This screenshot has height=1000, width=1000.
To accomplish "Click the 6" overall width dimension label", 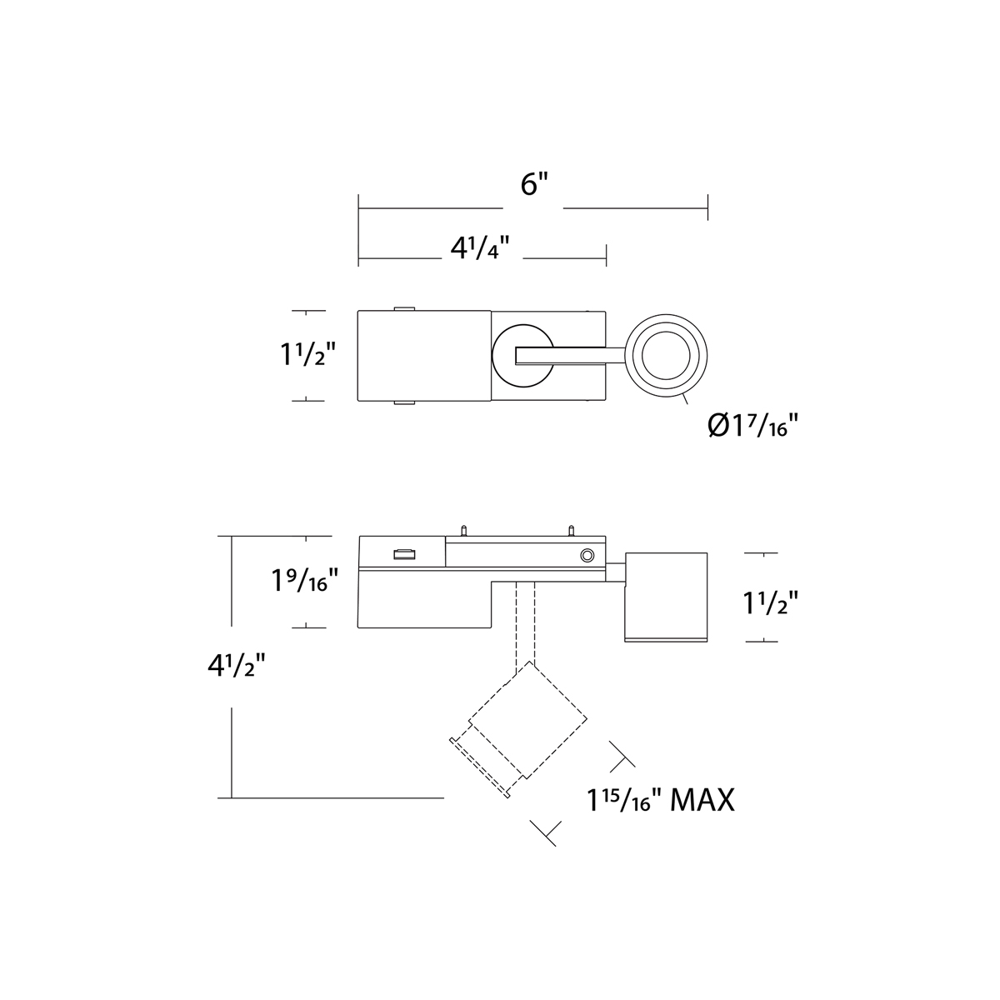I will pos(534,185).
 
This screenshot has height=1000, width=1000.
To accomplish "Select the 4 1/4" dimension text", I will pos(480,248).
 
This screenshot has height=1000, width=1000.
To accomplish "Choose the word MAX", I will pos(702,801).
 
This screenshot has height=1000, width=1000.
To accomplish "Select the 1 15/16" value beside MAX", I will pos(623,802).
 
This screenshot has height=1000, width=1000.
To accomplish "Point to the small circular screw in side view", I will pos(587,556).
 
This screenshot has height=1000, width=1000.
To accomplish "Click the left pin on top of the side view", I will pos(462,530).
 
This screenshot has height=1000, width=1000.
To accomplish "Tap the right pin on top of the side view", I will pos(572,530).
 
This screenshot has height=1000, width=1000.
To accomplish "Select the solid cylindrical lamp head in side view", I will pos(666,597).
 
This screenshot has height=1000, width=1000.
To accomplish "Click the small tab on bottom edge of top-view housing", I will pos(403,402).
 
